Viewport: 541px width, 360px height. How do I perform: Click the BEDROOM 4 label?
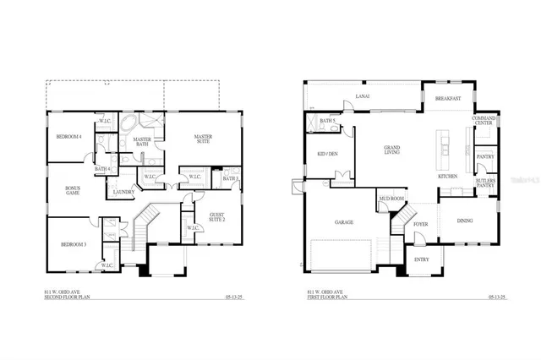(x=68, y=137)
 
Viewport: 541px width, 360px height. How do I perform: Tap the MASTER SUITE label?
(x=202, y=139)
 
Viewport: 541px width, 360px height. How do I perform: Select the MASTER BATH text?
(x=142, y=142)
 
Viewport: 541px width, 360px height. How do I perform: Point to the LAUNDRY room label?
(x=123, y=193)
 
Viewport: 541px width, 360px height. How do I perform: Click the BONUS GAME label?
(x=74, y=190)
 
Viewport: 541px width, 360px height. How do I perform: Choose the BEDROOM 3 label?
(x=74, y=245)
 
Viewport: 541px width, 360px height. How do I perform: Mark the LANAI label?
(x=363, y=97)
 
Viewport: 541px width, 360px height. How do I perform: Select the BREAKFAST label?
(x=448, y=99)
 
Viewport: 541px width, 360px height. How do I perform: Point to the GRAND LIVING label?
(x=392, y=150)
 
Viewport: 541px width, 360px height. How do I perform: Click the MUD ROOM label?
(x=391, y=199)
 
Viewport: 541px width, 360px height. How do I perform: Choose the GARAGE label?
(x=343, y=222)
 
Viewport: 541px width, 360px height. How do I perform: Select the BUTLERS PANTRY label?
(x=485, y=183)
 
